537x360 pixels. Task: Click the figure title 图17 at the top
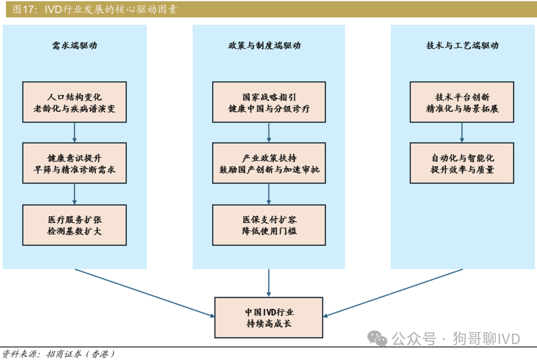94,9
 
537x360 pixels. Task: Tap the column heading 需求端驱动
75,46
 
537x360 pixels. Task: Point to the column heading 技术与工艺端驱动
462,46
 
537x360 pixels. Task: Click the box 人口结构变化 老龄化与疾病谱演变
75,102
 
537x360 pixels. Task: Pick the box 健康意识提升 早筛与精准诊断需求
75,164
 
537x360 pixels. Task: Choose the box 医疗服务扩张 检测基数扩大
75,225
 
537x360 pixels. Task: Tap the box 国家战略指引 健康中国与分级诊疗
269,102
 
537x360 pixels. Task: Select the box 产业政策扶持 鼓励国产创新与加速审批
269,164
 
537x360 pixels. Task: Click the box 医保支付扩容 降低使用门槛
269,225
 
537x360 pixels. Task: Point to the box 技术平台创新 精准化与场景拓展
462,102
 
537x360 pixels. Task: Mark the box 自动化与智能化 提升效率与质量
462,164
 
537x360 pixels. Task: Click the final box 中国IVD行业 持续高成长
269,318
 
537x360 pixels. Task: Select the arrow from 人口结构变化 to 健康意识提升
75,133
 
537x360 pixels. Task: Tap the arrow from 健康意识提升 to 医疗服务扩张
75,194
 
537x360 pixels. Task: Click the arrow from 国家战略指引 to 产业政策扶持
269,133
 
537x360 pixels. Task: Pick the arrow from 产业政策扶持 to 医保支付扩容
269,194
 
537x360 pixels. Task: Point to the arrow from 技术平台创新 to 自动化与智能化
462,133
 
